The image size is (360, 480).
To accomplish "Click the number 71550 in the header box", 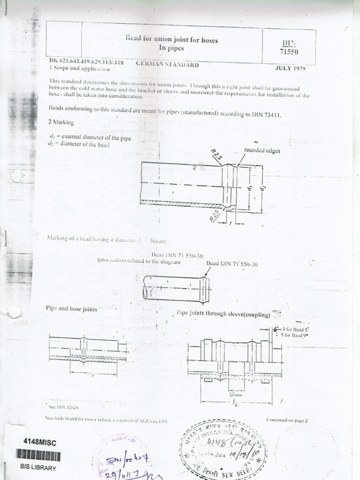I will point(288,52).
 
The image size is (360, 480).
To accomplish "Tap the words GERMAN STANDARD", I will point(167,65).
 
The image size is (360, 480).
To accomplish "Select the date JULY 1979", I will point(290,68).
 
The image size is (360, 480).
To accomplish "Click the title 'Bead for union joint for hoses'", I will point(172,40).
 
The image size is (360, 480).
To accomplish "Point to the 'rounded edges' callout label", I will point(262,150).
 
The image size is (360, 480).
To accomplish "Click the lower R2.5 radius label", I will point(215,216).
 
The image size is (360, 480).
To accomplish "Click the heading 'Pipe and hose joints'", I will point(72,308).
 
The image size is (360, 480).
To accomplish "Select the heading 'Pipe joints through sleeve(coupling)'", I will point(223,314).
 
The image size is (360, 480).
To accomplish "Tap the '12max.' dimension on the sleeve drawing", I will point(237,395).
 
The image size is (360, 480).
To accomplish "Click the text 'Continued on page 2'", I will point(287,420).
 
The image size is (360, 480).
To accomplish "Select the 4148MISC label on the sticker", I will point(40,442).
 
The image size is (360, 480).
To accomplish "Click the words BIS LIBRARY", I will point(38,467).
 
